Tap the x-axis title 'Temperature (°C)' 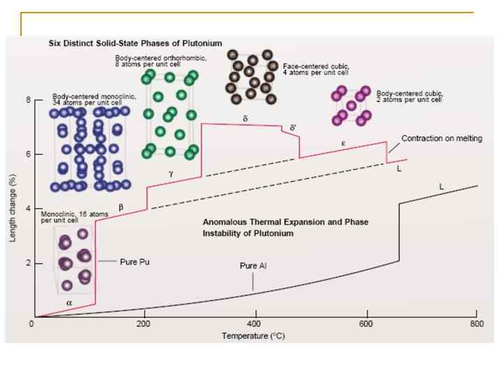[x=254, y=335]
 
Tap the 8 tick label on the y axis [x=29, y=100]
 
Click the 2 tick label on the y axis [x=29, y=263]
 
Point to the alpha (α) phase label [x=69, y=302]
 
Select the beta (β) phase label [x=121, y=207]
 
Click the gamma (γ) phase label [x=170, y=172]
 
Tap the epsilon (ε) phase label [x=343, y=142]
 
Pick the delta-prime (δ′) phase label [x=293, y=127]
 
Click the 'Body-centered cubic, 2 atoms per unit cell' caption [x=409, y=96]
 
